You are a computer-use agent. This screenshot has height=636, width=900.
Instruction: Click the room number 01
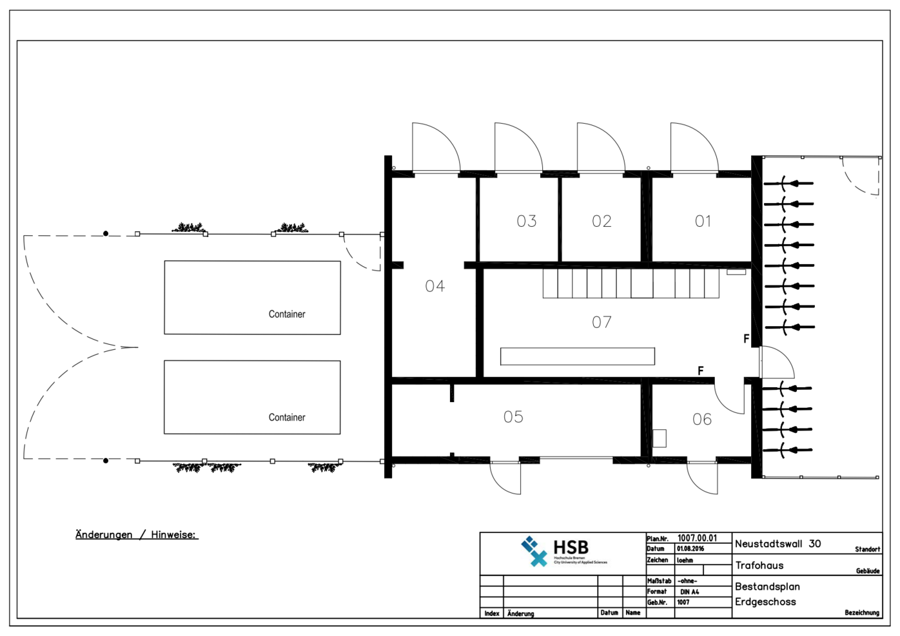tap(703, 222)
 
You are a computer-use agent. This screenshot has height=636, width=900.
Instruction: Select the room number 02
tap(602, 222)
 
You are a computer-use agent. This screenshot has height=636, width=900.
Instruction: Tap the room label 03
tap(526, 222)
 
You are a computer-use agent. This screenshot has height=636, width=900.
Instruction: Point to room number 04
tap(435, 286)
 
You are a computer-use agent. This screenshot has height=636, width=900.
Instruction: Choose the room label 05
tap(513, 417)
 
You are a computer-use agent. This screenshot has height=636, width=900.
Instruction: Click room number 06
tap(702, 419)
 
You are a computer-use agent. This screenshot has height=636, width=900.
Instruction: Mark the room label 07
tap(602, 322)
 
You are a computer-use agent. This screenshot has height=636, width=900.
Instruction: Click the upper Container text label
tap(287, 314)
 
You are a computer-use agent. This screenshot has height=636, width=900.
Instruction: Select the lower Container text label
tap(287, 418)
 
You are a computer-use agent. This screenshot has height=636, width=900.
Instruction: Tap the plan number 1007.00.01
tap(697, 538)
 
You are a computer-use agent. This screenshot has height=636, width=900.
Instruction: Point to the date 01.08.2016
tap(690, 549)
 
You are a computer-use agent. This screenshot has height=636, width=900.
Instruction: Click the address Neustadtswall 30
tap(778, 544)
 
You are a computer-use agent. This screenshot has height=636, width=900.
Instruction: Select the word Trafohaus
tap(759, 566)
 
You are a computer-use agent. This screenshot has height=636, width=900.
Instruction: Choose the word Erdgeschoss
tap(765, 602)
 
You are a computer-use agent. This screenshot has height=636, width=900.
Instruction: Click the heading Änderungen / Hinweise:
tap(137, 535)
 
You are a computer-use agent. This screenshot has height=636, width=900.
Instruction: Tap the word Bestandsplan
tap(767, 586)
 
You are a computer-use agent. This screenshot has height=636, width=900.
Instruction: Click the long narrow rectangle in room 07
tap(577, 356)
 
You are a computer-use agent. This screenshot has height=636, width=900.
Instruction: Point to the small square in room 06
tap(659, 438)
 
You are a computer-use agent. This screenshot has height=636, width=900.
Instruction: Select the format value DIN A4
tap(689, 592)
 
